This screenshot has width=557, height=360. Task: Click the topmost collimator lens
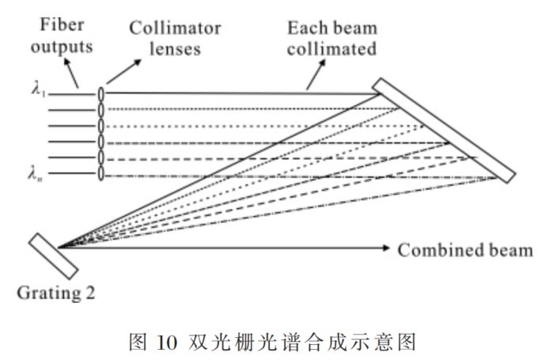[x=101, y=93]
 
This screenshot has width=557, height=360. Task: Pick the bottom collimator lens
[x=101, y=173]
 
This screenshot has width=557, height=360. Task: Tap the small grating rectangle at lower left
[x=54, y=256]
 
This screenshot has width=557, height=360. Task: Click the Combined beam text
[x=464, y=251]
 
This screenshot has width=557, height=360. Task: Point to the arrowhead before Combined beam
[x=386, y=248]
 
